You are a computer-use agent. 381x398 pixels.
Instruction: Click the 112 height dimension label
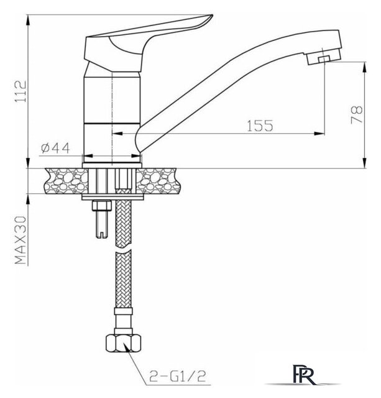pyautogui.click(x=21, y=91)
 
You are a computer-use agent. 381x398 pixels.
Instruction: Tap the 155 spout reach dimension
pyautogui.click(x=260, y=126)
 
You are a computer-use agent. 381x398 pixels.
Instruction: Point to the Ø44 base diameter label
pyautogui.click(x=55, y=148)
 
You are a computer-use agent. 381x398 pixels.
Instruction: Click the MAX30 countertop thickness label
pyautogui.click(x=21, y=240)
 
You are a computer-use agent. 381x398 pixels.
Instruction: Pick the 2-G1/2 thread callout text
pyautogui.click(x=178, y=376)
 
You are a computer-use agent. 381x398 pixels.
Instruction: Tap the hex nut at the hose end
pyautogui.click(x=123, y=343)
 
